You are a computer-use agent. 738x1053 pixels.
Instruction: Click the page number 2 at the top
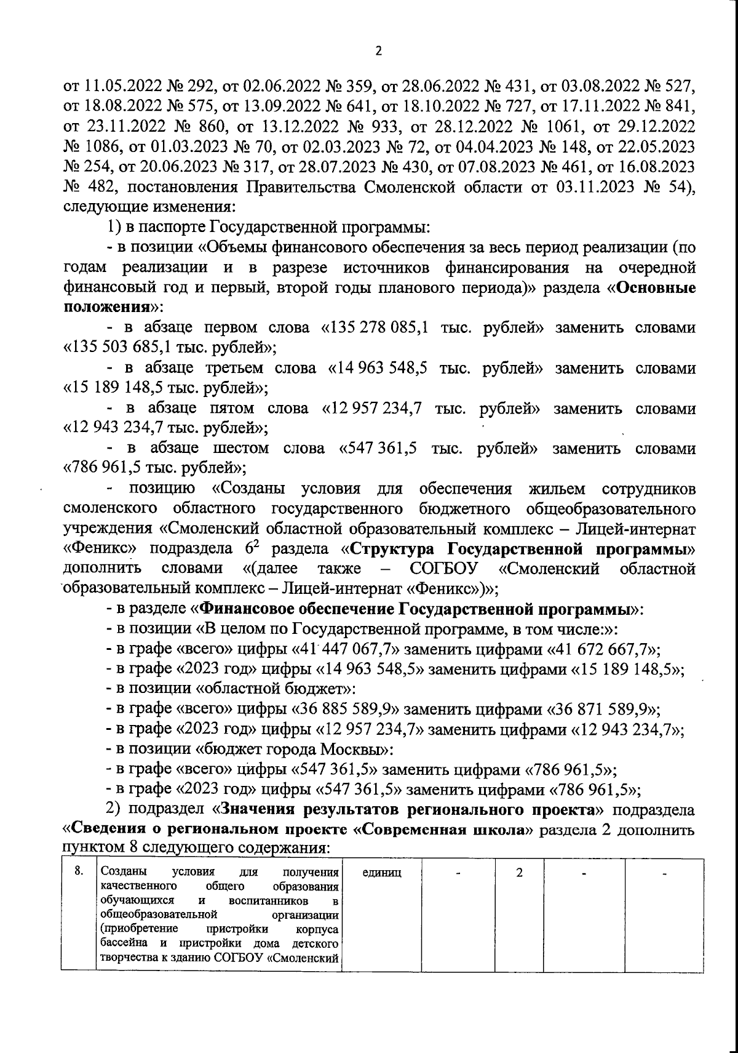coord(378,52)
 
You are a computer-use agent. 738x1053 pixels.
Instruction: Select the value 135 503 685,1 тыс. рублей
coord(169,348)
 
